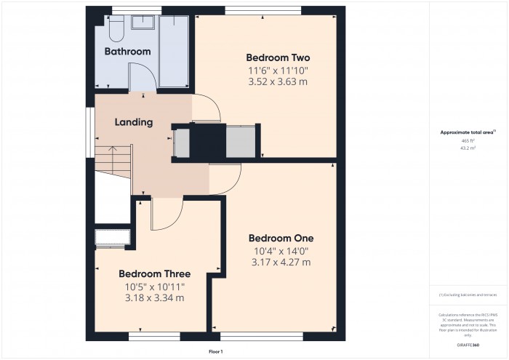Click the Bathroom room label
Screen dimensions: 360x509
pyautogui.click(x=127, y=52)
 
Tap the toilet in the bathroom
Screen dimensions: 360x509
pyautogui.click(x=116, y=29)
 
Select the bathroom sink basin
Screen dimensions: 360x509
pyautogui.click(x=144, y=22)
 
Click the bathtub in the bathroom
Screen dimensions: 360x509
pyautogui.click(x=174, y=50)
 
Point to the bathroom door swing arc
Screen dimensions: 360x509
pyautogui.click(x=141, y=76)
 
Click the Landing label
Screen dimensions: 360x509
pyautogui.click(x=134, y=122)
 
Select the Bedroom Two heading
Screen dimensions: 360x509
pyautogui.click(x=278, y=57)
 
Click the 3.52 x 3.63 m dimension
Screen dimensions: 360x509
pyautogui.click(x=278, y=81)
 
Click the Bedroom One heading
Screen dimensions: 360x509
pyautogui.click(x=281, y=238)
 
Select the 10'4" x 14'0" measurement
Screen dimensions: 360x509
pyautogui.click(x=281, y=251)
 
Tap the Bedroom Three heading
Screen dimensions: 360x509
pyautogui.click(x=154, y=274)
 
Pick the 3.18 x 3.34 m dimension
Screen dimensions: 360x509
pyautogui.click(x=154, y=297)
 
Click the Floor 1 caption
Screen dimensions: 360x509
pyautogui.click(x=216, y=352)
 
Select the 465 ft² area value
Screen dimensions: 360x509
pyautogui.click(x=468, y=140)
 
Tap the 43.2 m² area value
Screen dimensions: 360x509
pyautogui.click(x=468, y=148)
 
